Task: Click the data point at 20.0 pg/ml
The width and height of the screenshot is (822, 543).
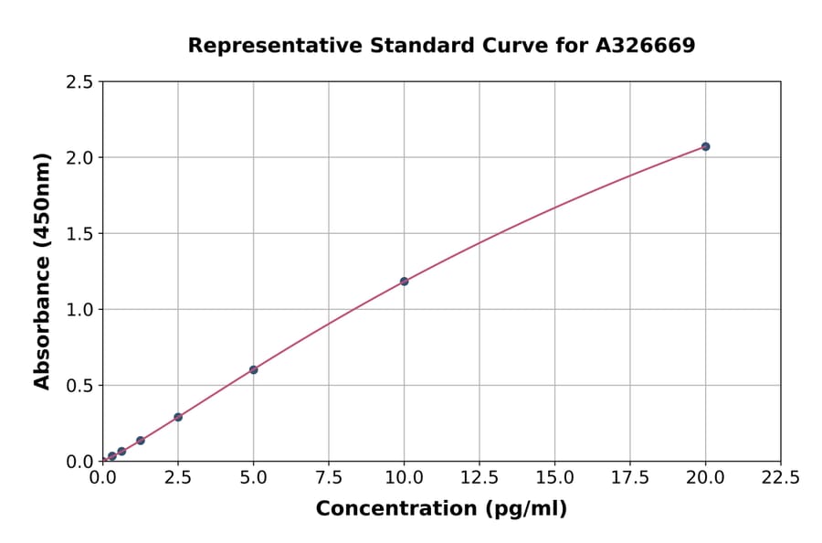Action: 705,146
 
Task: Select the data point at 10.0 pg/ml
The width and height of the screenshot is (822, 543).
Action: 404,282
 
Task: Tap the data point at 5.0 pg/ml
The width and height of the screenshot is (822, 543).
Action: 254,370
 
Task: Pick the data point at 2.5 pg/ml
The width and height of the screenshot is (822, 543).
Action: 178,417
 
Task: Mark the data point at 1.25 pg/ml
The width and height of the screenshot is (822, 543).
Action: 141,441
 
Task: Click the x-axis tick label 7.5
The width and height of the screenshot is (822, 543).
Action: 329,478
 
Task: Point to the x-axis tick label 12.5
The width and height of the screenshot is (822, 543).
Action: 479,478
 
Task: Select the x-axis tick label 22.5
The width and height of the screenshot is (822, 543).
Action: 781,478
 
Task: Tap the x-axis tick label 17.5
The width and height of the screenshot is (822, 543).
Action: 630,478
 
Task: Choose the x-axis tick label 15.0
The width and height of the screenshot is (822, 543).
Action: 554,478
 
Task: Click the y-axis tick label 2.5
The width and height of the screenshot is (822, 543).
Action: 79,82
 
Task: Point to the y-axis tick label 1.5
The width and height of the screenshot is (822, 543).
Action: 79,234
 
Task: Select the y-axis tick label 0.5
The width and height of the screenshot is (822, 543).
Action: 79,386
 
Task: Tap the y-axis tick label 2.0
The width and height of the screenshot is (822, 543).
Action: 79,158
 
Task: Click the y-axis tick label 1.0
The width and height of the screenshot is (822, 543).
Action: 79,310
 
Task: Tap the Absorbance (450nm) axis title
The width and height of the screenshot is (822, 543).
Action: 42,271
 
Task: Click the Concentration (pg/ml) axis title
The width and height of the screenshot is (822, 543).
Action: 441,509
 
